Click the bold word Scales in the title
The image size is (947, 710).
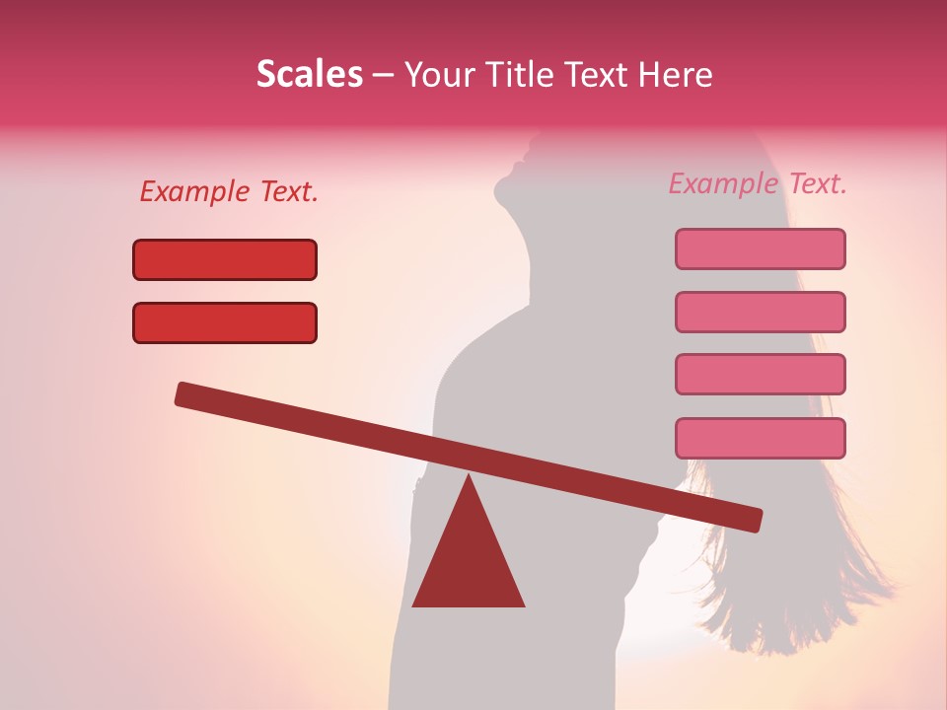[x=309, y=74]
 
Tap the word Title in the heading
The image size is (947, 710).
[x=522, y=75]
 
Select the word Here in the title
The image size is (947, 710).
[x=677, y=75]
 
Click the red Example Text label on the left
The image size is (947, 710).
[x=229, y=192]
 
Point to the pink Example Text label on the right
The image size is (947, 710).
[x=758, y=183]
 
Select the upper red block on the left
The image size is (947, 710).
[x=225, y=259]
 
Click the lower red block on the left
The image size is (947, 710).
[x=225, y=322]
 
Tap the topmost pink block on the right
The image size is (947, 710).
[x=761, y=248]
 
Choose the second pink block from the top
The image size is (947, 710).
[x=761, y=312]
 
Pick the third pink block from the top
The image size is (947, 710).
[x=761, y=374]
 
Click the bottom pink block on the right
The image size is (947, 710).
[x=761, y=438]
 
